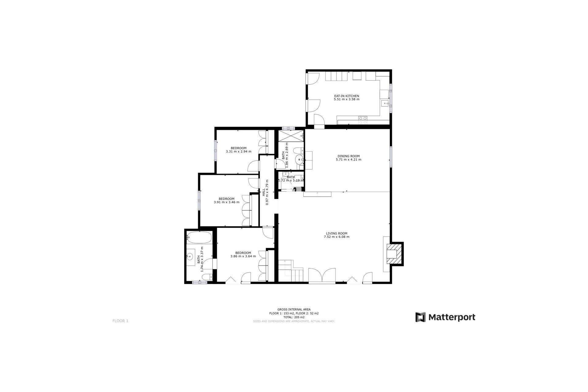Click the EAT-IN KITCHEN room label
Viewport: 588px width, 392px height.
tap(346, 96)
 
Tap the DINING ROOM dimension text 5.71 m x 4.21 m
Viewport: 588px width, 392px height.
tap(348, 160)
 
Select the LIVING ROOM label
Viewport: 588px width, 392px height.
tap(337, 233)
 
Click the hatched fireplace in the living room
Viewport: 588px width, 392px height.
tap(394, 254)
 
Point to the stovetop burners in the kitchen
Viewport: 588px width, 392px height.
tap(363, 120)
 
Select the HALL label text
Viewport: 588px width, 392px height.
tap(264, 192)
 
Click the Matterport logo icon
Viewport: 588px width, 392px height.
tap(420, 317)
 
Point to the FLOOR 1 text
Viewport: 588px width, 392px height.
tap(120, 321)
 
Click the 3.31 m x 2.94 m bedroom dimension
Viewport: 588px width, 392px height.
tap(239, 152)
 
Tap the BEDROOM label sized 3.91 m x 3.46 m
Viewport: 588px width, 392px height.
tap(226, 199)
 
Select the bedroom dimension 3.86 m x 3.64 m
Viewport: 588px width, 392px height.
tap(243, 256)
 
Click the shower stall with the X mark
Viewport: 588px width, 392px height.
tap(290, 136)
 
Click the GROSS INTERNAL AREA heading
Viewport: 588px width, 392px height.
tap(294, 310)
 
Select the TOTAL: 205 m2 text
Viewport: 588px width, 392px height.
tap(294, 317)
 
